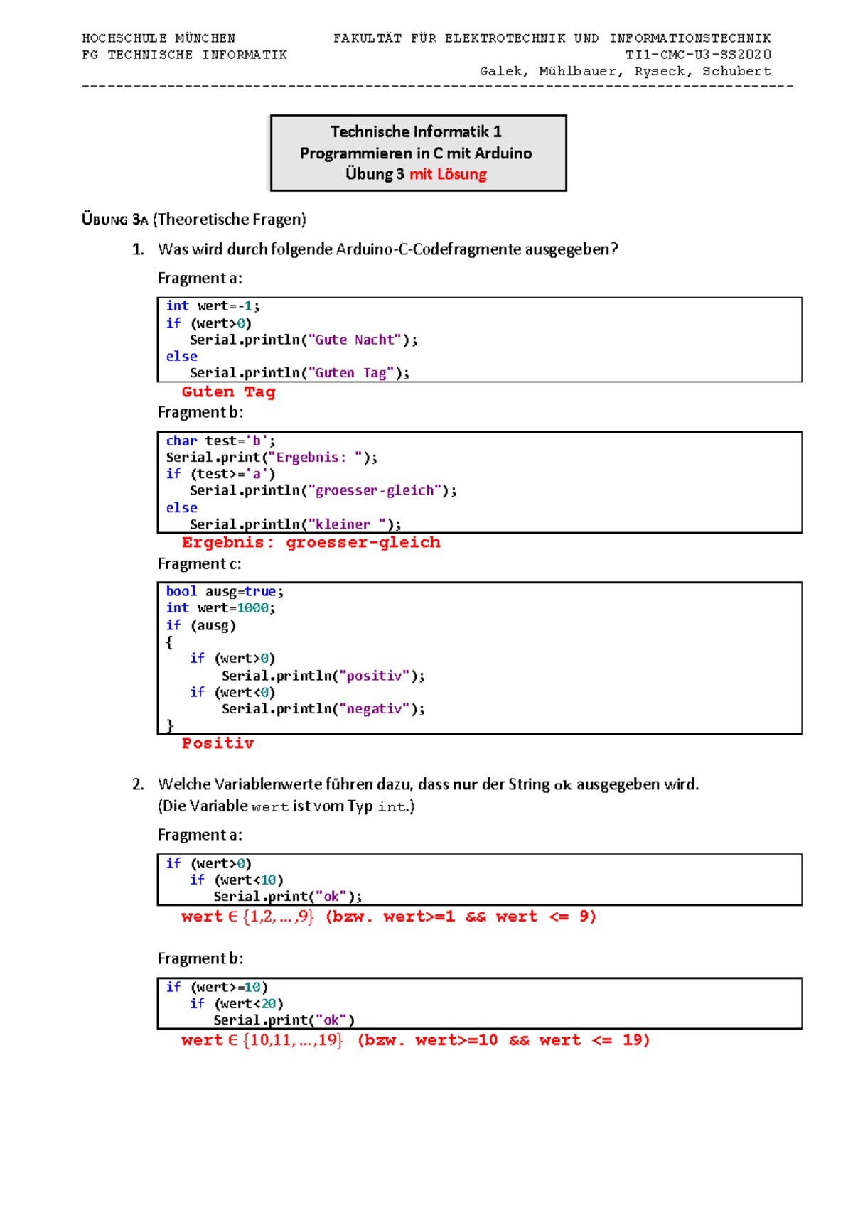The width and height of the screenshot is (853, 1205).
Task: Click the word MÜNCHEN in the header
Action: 205,38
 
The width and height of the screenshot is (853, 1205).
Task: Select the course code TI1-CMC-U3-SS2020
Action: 698,54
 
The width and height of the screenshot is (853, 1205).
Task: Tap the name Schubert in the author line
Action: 736,71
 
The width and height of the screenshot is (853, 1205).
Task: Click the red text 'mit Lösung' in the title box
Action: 448,174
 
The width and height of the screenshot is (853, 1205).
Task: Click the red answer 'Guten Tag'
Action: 228,391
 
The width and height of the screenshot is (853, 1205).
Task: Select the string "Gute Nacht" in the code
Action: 355,340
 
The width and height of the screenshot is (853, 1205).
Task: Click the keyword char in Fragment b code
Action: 181,441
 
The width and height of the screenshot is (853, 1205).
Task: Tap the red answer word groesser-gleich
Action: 363,542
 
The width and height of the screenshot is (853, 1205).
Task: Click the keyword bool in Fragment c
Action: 181,591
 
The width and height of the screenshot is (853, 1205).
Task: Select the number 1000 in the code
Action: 252,608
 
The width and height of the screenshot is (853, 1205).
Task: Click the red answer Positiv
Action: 218,743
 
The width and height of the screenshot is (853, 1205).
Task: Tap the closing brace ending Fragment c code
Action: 169,725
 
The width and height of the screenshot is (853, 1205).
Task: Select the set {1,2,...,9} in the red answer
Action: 278,916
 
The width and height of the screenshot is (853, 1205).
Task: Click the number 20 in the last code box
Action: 268,1003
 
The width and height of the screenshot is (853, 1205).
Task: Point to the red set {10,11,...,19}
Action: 293,1040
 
